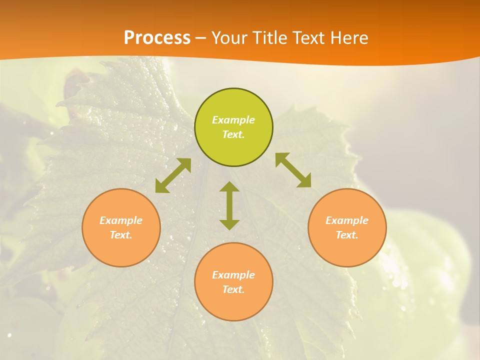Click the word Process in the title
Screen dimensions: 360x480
[157, 38]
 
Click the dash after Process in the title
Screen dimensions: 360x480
[200, 38]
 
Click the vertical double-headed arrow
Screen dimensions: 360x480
[229, 206]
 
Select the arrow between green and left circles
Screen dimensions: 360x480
[173, 175]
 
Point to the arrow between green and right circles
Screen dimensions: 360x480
[293, 170]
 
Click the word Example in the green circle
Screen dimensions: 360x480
[233, 120]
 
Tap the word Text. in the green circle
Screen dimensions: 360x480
[233, 134]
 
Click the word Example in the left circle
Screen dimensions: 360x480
[121, 220]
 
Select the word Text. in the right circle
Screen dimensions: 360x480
[347, 235]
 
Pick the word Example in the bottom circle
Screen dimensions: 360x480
[233, 275]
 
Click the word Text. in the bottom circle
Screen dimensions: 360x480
[233, 289]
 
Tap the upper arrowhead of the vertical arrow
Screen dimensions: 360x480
[229, 187]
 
